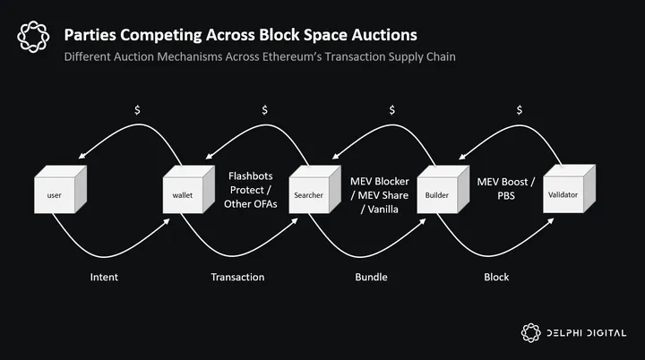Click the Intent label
pyautogui.click(x=105, y=278)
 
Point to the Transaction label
pyautogui.click(x=237, y=278)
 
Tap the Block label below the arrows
pyautogui.click(x=496, y=278)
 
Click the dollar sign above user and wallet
pyautogui.click(x=136, y=110)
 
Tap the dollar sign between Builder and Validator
pyautogui.click(x=520, y=110)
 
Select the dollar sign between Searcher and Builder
pyautogui.click(x=391, y=110)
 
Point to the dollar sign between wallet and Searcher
pyautogui.click(x=264, y=110)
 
